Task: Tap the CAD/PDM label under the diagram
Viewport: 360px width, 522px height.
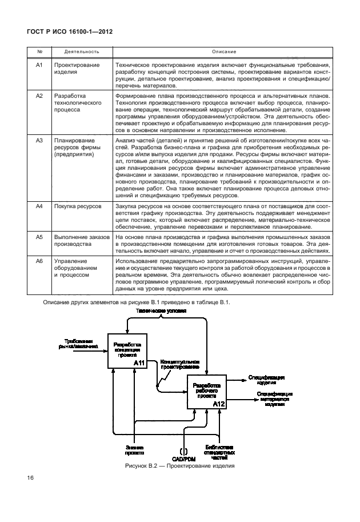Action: (184, 458)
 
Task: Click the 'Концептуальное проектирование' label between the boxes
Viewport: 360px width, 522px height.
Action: (179, 365)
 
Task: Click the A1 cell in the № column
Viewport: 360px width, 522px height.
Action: (39, 65)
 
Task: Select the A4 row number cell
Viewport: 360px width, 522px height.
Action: (39, 204)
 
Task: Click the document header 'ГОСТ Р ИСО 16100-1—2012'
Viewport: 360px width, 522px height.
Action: (67, 33)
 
